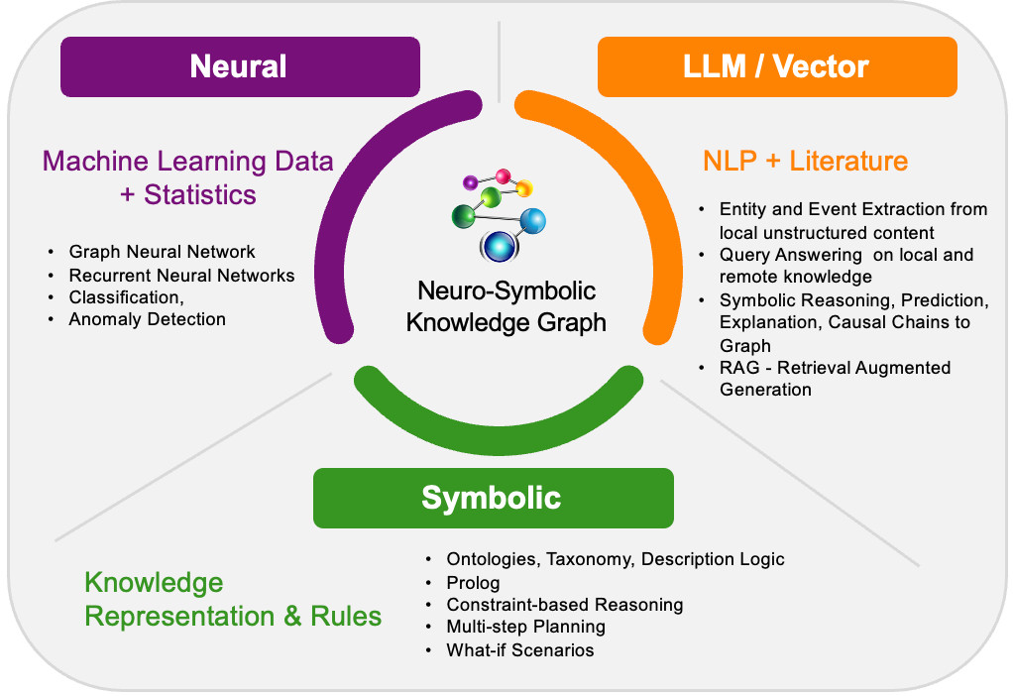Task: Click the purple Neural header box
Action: [240, 66]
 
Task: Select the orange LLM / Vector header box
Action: [777, 66]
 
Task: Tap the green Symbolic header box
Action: [494, 498]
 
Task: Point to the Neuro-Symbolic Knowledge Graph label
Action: [506, 306]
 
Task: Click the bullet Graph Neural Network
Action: [162, 252]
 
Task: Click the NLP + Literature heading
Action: [805, 161]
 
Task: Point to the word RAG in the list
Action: [739, 368]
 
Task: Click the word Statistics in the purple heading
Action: [200, 194]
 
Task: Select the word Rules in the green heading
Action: [346, 616]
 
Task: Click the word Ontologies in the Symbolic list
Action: [495, 559]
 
